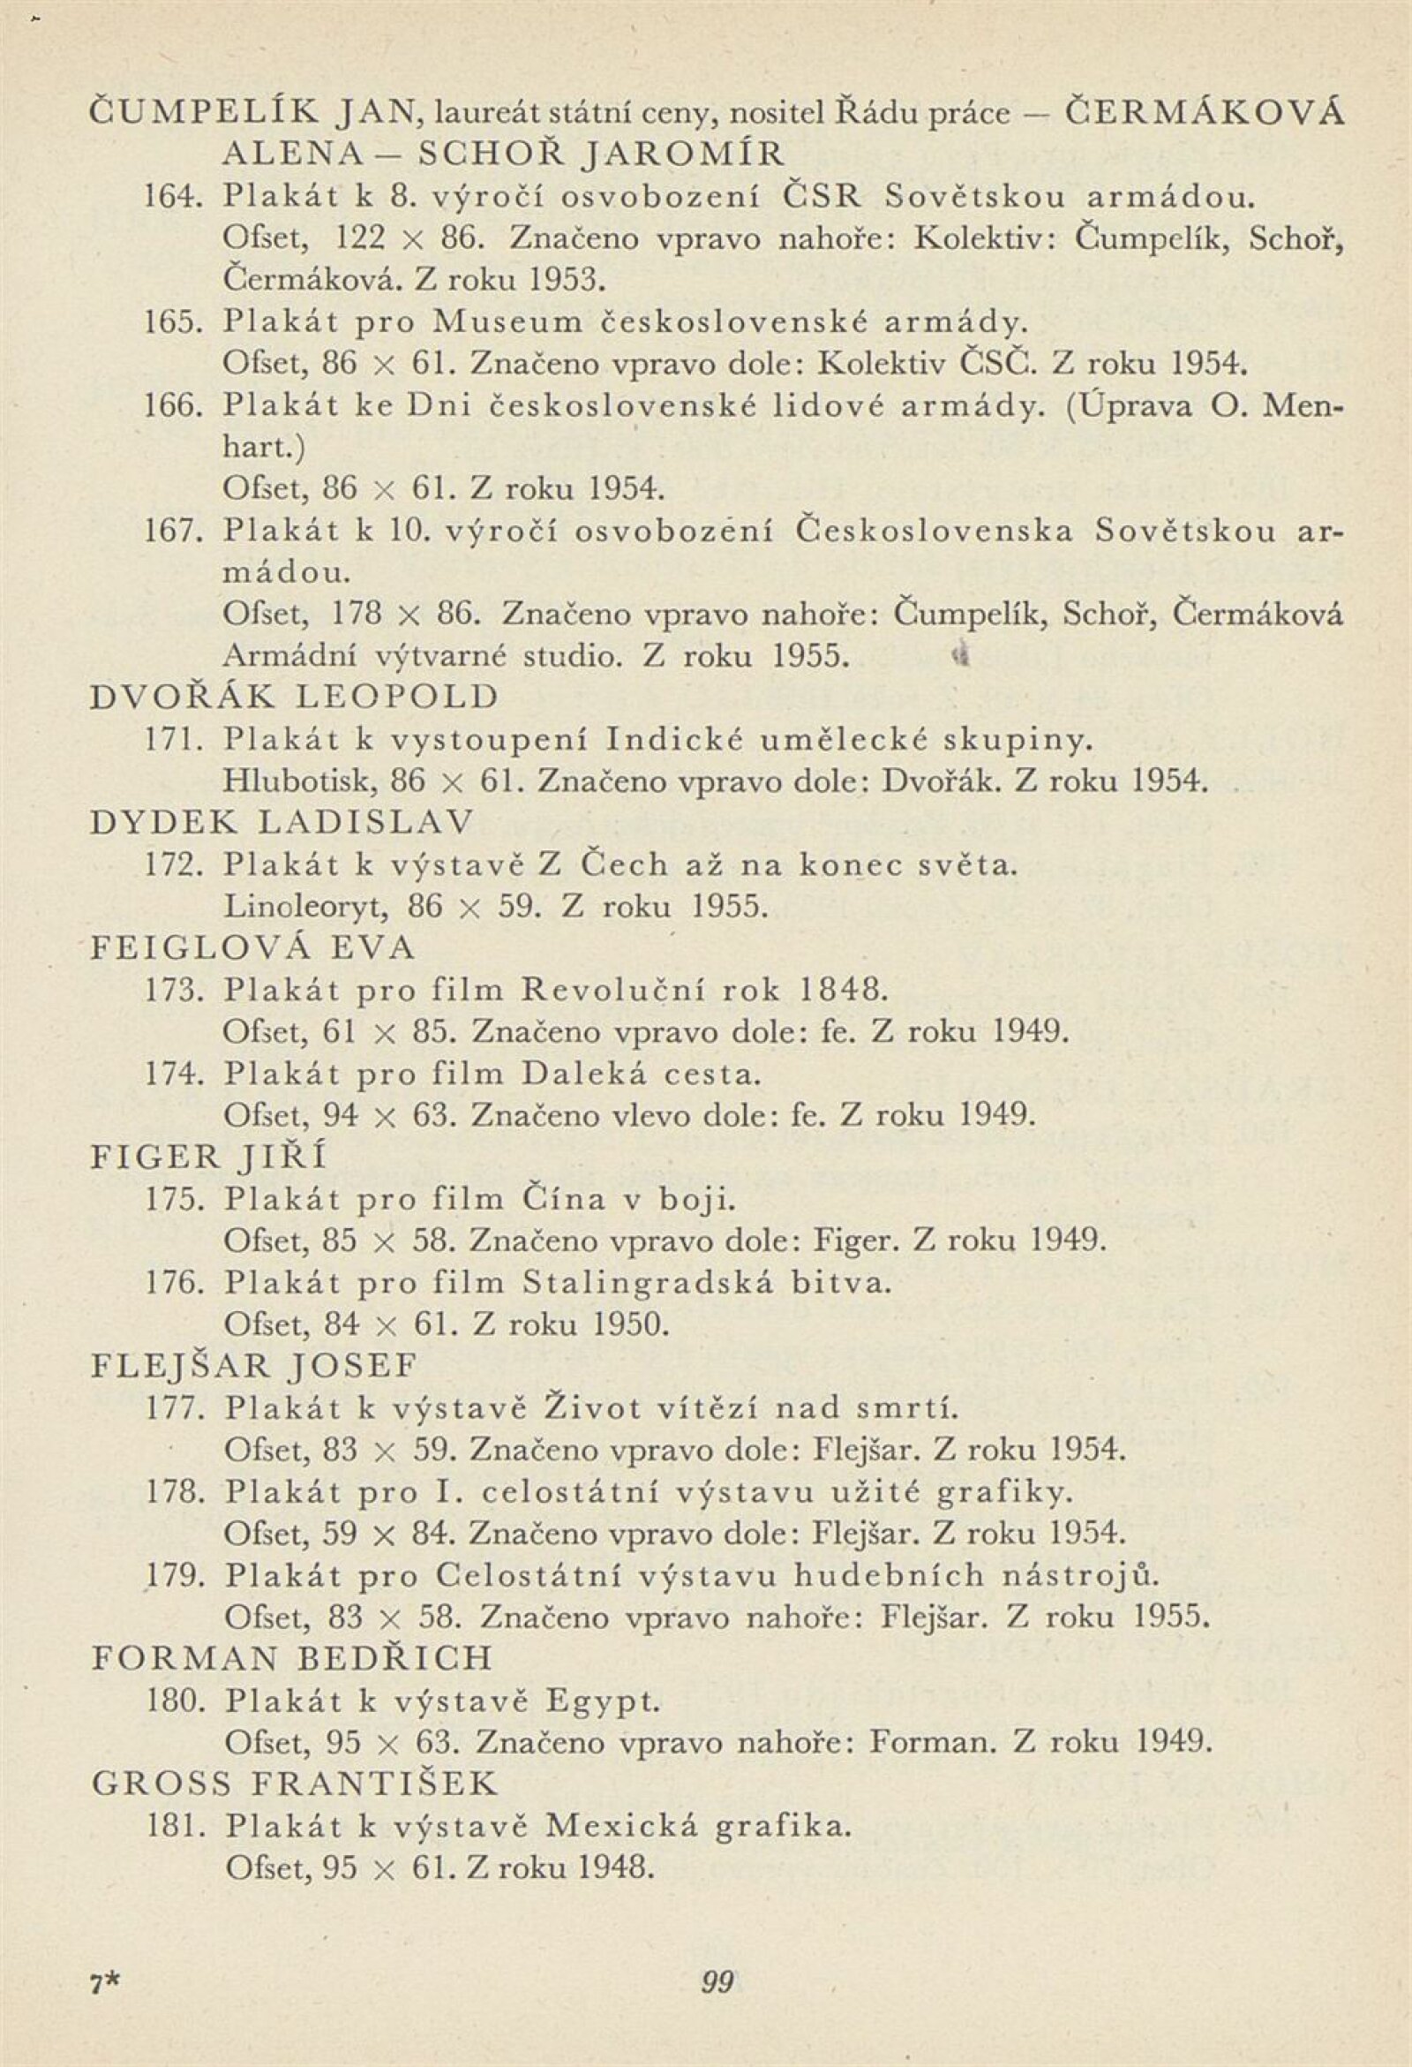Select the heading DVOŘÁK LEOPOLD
pos(296,697)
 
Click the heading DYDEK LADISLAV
pos(282,822)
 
